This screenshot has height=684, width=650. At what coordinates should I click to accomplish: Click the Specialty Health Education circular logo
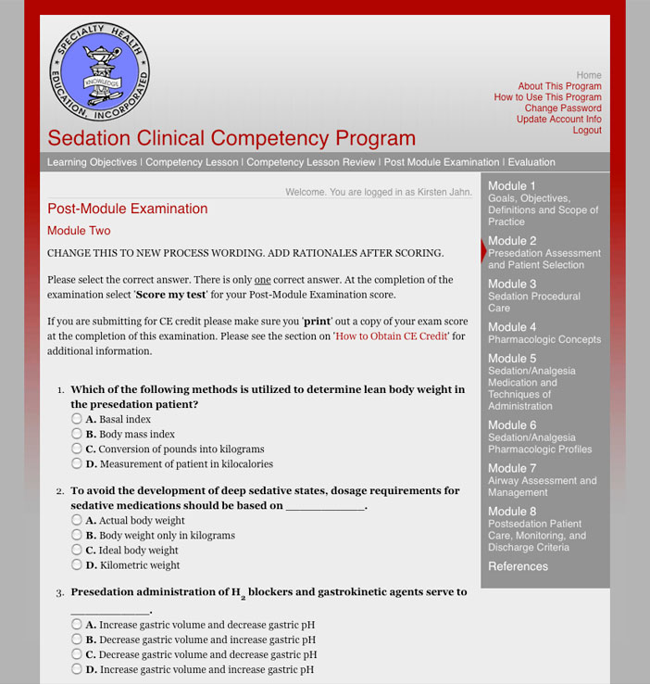[100, 72]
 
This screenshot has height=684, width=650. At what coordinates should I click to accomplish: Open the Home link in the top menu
[589, 75]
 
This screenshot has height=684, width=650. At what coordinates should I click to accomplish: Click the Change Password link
[563, 108]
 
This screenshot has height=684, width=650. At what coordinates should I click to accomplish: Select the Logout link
[587, 131]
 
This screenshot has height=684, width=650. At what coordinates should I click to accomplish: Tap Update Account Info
[558, 120]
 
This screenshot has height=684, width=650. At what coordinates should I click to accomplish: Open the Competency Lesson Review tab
[311, 162]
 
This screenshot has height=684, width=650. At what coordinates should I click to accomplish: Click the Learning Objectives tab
[92, 162]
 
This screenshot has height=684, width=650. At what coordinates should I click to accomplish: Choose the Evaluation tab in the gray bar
[531, 162]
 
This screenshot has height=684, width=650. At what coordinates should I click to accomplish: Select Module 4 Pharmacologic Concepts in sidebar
[544, 333]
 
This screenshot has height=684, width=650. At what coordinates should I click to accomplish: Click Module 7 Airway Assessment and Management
[543, 480]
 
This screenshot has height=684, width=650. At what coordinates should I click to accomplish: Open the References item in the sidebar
[518, 566]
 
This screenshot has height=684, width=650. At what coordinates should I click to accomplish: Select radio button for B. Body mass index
[77, 434]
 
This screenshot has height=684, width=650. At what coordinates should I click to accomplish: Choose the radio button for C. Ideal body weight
[77, 550]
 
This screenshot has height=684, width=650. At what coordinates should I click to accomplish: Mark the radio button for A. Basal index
[77, 419]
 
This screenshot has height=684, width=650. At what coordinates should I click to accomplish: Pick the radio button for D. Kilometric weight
[77, 564]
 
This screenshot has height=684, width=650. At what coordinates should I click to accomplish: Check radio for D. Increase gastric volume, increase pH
[77, 669]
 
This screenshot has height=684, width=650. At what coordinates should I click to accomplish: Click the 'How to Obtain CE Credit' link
[391, 336]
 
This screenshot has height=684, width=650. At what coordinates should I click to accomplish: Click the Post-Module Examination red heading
[128, 209]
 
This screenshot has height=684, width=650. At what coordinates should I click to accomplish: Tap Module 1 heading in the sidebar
[512, 186]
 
